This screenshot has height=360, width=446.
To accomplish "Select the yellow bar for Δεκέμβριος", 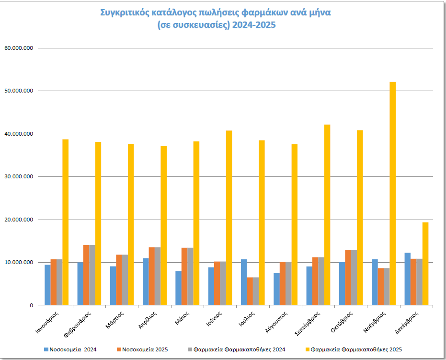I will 425,264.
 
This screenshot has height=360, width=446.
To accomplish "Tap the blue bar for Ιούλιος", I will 244,282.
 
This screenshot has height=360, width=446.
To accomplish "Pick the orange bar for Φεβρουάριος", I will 86,275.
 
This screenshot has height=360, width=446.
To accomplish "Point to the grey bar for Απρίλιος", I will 158,276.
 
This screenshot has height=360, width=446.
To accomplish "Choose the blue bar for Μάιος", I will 179,288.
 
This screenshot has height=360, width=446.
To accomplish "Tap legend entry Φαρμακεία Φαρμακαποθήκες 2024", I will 241,349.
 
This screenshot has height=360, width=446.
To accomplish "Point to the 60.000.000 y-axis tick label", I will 18,48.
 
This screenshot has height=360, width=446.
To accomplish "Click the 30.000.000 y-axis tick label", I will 18,177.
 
